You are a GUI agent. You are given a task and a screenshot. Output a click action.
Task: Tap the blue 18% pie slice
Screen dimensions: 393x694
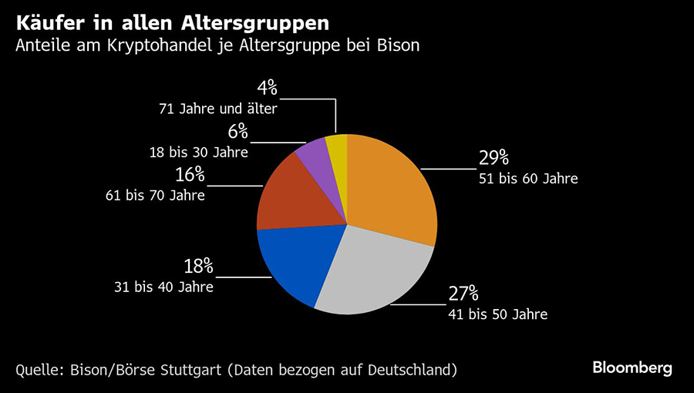pos(293,262)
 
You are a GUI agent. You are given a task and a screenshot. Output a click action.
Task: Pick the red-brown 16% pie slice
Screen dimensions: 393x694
pos(289,196)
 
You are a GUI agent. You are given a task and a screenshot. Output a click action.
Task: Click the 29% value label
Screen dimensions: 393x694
pos(494,158)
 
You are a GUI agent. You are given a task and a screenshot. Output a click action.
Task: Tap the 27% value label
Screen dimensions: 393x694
pos(463,294)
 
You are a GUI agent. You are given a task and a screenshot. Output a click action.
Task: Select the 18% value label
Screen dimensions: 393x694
pos(198,267)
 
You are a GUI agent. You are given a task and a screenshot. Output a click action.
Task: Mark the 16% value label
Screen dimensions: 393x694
pos(189,175)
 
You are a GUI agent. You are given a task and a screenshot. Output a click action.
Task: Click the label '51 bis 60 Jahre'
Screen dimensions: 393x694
pos(528,179)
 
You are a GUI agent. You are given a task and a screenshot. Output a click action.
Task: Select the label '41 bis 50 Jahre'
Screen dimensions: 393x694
pos(498,314)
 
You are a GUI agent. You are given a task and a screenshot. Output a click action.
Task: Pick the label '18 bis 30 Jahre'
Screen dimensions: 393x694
pos(198,153)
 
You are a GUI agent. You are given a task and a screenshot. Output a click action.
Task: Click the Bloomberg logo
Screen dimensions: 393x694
pos(632,368)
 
